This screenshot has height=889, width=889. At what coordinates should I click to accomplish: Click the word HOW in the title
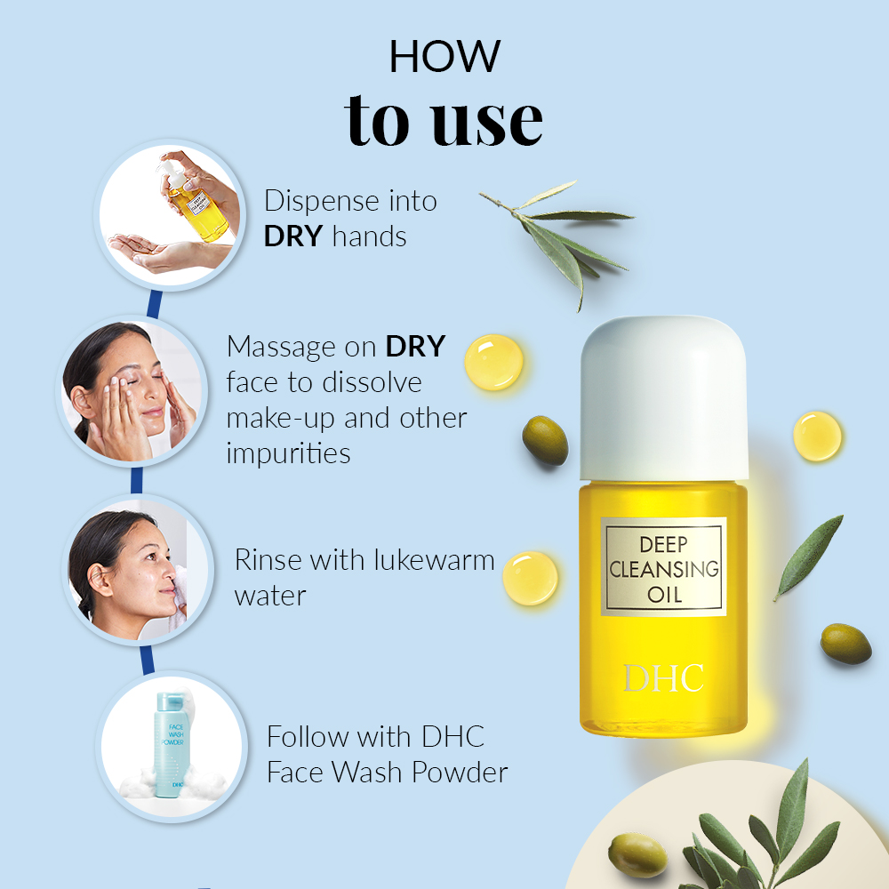click(x=445, y=56)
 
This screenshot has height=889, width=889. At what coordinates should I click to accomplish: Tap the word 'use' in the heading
click(x=487, y=121)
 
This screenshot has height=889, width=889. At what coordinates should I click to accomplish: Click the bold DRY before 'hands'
click(x=293, y=236)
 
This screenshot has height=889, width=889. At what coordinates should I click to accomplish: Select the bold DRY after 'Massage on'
click(x=415, y=347)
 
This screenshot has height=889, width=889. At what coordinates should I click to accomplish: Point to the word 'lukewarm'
click(x=435, y=560)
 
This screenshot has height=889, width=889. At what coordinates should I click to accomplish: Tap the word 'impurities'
click(x=289, y=453)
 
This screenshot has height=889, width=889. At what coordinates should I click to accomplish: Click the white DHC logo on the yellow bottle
click(x=663, y=678)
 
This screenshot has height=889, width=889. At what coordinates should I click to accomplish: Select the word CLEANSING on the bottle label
click(x=664, y=569)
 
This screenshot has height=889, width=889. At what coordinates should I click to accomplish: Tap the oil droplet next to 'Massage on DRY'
click(x=493, y=363)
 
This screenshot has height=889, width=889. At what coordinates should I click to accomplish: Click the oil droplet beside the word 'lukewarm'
click(x=530, y=578)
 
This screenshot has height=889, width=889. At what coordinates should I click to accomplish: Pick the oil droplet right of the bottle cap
click(x=817, y=436)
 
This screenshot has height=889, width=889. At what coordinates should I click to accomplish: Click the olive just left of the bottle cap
click(x=545, y=441)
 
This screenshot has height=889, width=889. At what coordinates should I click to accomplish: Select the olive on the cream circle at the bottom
click(x=637, y=855)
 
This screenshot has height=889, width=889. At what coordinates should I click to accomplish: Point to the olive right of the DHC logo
click(x=846, y=644)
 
